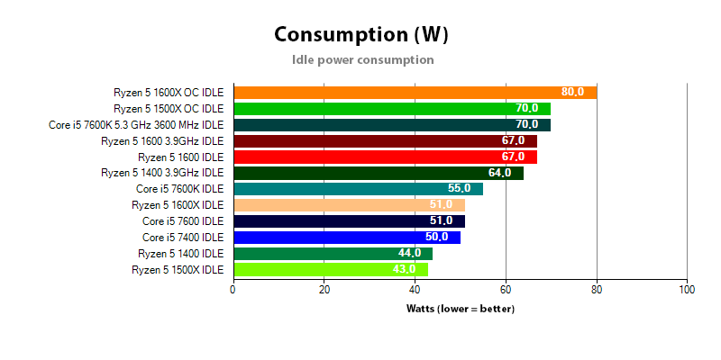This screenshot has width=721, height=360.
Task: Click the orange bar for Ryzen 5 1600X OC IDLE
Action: [415, 92]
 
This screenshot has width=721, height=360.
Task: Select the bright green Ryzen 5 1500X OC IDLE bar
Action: [391, 108]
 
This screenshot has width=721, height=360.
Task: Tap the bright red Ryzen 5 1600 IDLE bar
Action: [385, 157]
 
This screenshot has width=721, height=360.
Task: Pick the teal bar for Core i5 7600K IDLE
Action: [358, 188]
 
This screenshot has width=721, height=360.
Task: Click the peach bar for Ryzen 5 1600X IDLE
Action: [349, 205]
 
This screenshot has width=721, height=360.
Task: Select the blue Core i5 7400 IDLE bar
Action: [346, 238]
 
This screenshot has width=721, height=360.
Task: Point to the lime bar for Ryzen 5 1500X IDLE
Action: [331, 269]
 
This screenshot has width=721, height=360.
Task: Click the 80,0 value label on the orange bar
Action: [572, 92]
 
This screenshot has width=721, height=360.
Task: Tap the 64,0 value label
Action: [499, 173]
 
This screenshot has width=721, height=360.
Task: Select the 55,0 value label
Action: [459, 189]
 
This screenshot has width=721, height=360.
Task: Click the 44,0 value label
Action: [409, 254]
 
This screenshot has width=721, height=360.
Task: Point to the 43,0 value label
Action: [404, 269]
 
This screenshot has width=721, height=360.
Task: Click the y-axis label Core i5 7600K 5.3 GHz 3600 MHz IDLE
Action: [136, 124]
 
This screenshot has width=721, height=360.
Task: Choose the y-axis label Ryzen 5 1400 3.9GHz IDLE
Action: [162, 173]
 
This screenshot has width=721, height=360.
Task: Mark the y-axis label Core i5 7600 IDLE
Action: [183, 221]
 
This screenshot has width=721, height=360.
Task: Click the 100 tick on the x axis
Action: [687, 289]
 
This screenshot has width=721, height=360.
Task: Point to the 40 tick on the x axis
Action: [415, 289]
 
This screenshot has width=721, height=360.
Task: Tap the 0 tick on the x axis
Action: [233, 289]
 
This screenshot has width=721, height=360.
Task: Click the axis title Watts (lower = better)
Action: [461, 309]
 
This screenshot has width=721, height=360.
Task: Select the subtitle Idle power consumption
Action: [363, 60]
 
